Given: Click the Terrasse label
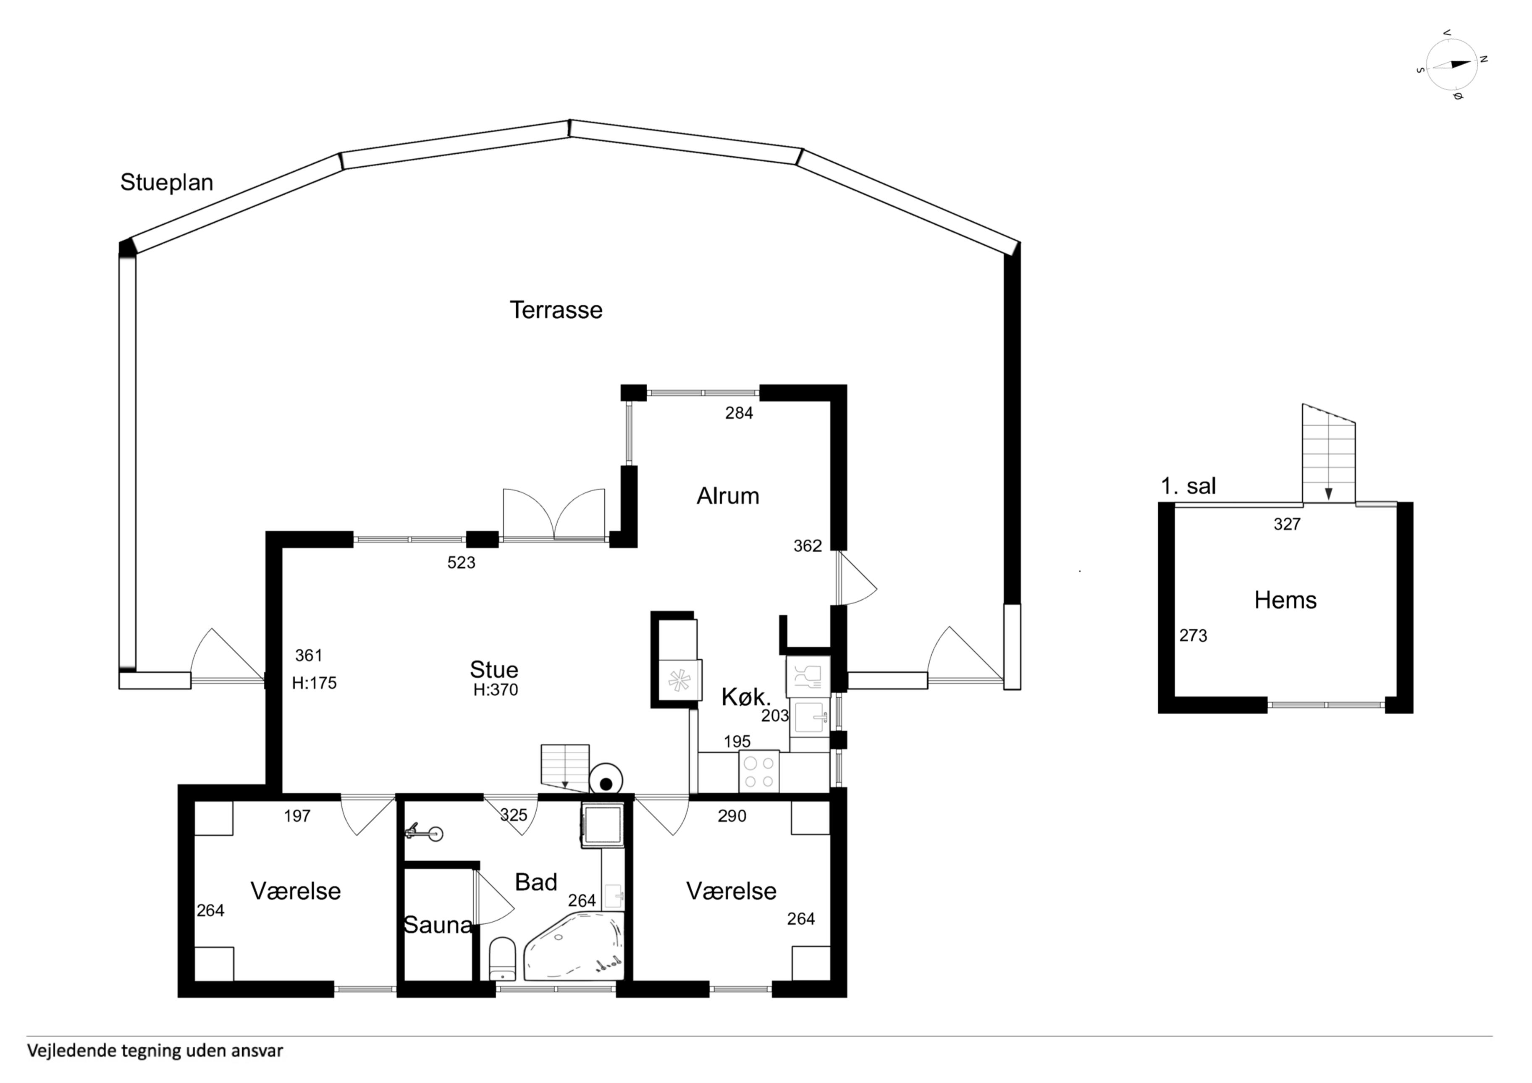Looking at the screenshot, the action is click(556, 310).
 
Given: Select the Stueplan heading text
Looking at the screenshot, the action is click(166, 183).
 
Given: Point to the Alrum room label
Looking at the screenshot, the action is click(727, 496).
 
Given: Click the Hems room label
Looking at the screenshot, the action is click(1285, 601).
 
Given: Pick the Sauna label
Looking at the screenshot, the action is click(438, 925).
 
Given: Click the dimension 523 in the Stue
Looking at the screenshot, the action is click(461, 563).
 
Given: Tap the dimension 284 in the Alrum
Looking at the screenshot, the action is click(739, 413).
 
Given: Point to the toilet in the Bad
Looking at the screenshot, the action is click(502, 959).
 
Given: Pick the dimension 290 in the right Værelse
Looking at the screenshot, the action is click(732, 816).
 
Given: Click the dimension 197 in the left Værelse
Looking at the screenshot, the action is click(297, 816).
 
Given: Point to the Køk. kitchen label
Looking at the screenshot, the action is click(746, 698).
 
